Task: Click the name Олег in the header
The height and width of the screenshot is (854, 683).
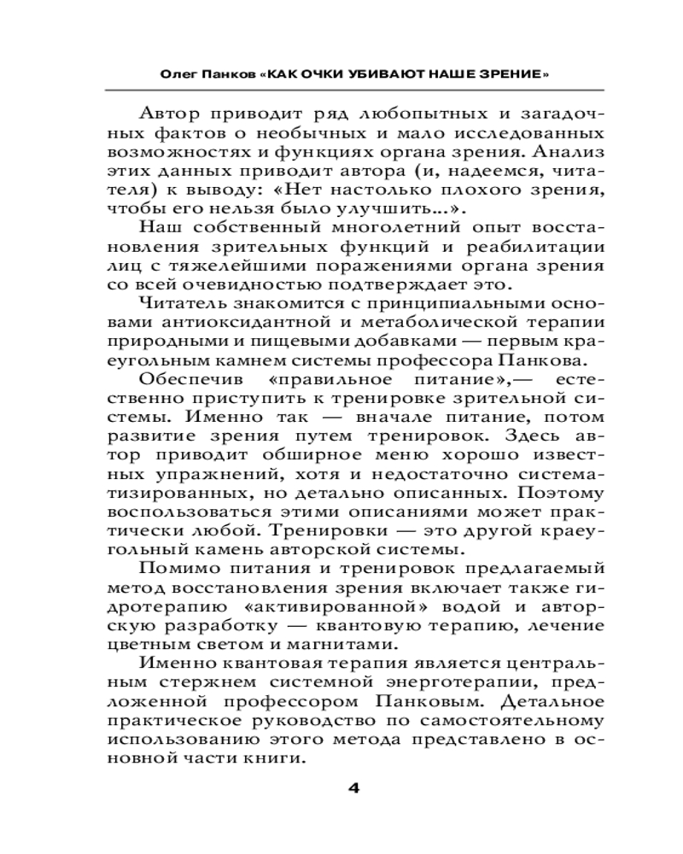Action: (180, 74)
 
